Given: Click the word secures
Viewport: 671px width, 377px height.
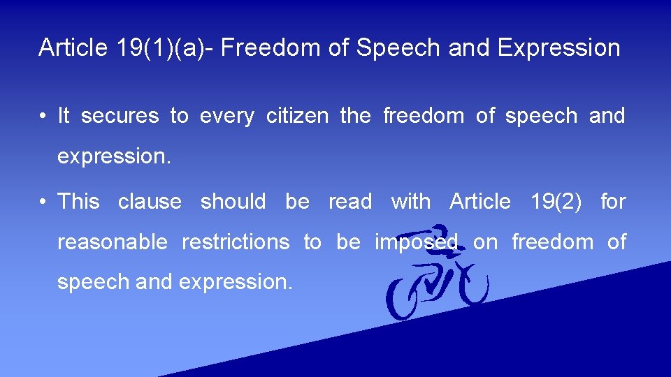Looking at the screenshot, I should click(x=120, y=116).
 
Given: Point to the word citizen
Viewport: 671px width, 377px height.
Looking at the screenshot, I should click(x=297, y=116).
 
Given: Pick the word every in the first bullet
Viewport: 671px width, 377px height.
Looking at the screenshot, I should click(x=227, y=117).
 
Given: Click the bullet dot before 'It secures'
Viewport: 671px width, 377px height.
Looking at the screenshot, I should click(x=43, y=117).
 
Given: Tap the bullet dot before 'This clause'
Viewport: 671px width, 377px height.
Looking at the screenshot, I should click(x=43, y=202).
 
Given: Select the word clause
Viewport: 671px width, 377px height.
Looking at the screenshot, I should click(x=150, y=202).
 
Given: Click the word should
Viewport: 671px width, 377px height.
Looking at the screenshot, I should click(x=233, y=202).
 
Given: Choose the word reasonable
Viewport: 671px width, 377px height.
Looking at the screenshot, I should click(x=113, y=243).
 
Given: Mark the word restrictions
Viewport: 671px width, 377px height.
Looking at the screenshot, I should click(x=236, y=242).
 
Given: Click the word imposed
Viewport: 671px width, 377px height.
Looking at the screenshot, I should click(x=416, y=243).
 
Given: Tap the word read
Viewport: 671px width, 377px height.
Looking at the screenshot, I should click(x=350, y=202).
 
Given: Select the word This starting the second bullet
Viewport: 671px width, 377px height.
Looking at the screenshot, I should click(x=78, y=202).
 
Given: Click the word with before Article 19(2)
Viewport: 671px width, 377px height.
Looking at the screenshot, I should click(x=411, y=202).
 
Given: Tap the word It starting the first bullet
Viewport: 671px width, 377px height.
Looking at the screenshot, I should click(x=64, y=116).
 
